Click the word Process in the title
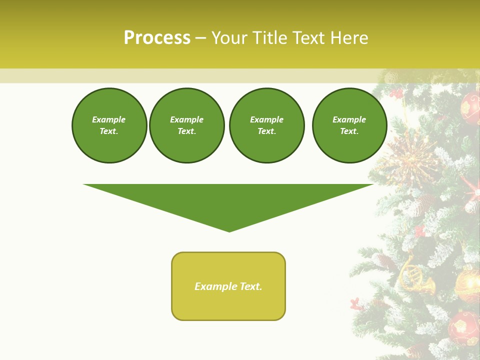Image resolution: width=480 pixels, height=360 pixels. (x=157, y=38)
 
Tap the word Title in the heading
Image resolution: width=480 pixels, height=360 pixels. (x=268, y=38)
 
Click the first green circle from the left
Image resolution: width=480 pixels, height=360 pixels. (x=109, y=125)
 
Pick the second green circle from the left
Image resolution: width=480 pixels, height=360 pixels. (x=187, y=125)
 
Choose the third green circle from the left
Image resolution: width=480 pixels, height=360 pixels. (x=266, y=125)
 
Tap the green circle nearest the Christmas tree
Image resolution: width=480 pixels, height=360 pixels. (x=349, y=125)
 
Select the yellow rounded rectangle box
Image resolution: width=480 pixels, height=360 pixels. (x=228, y=286)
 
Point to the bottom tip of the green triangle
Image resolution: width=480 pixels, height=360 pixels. (x=229, y=230)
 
